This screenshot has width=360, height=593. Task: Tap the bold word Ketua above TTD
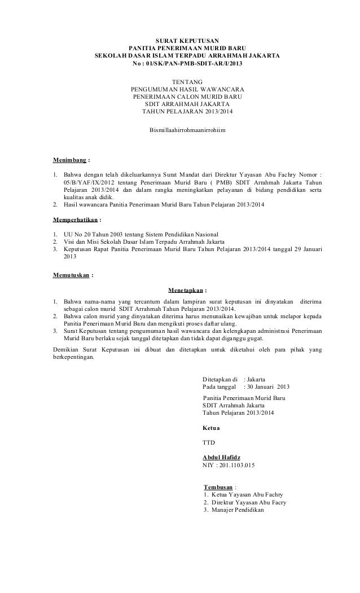(211, 428)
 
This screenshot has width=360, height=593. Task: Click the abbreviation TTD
(209, 442)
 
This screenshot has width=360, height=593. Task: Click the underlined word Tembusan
(217, 486)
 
